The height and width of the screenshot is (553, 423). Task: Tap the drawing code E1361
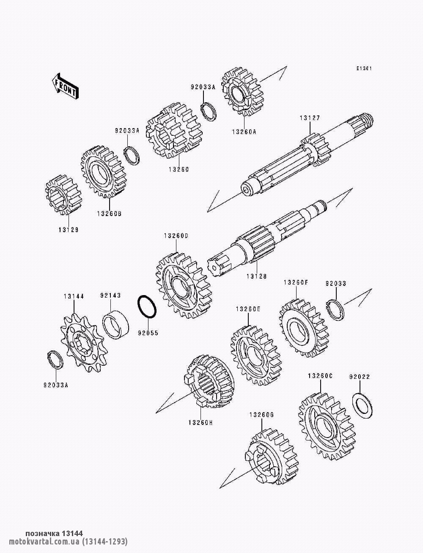[364, 68]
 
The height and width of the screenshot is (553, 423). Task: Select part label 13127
[310, 118]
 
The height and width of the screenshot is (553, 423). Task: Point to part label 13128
[257, 276]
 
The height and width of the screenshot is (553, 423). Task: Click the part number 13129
[69, 230]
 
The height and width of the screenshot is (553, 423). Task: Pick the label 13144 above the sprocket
[74, 296]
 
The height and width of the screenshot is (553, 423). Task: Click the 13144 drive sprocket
[84, 343]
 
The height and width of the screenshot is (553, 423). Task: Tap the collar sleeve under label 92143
[115, 324]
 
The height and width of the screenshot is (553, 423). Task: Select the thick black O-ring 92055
[147, 307]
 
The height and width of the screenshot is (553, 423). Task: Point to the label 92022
[360, 384]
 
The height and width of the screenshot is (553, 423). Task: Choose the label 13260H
[201, 422]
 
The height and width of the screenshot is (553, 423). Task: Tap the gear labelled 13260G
[271, 456]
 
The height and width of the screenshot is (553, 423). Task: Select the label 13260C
[320, 383]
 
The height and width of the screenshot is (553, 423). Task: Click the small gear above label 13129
[63, 195]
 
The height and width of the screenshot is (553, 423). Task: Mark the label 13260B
[110, 214]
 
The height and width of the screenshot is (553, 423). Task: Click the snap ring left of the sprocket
[55, 360]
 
